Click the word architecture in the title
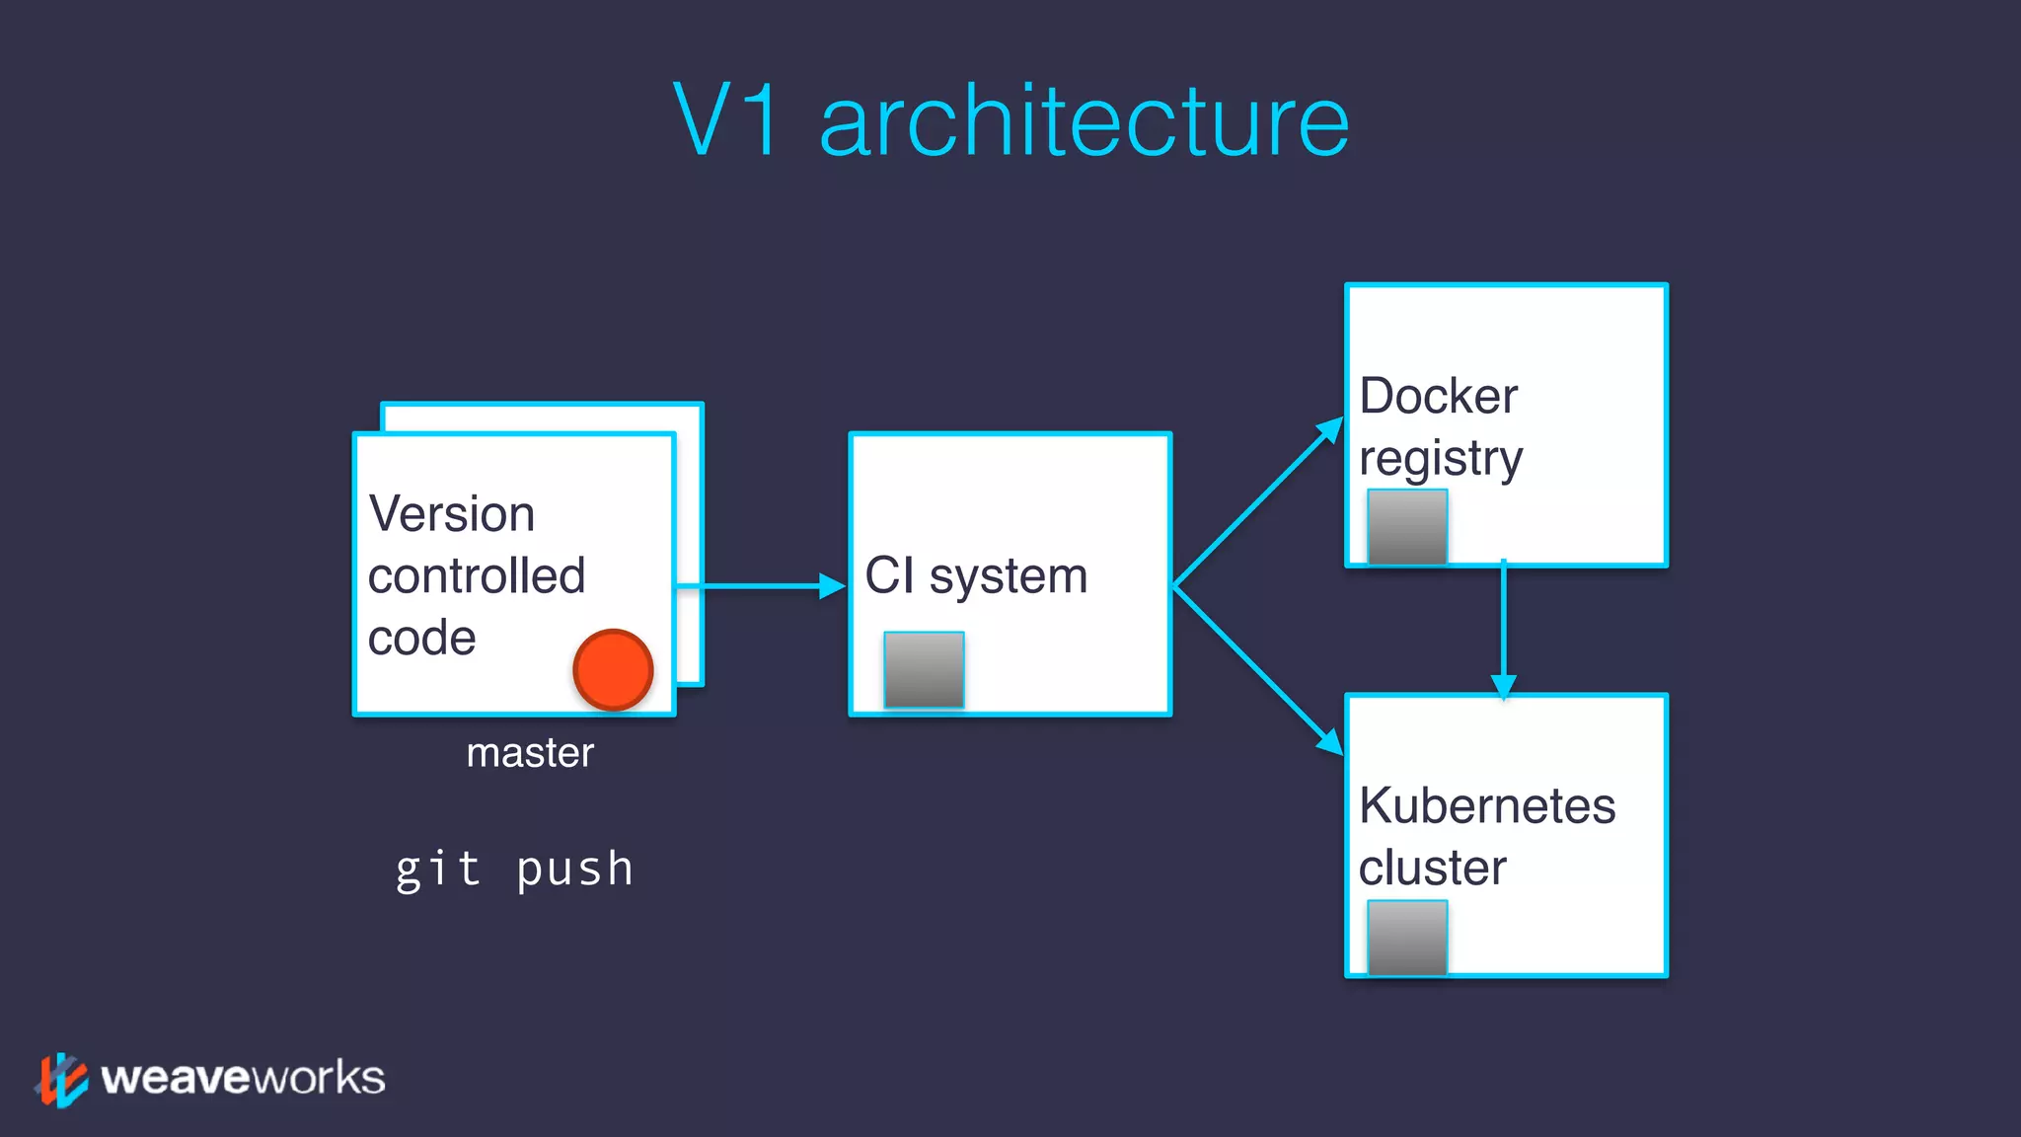[x=1084, y=122]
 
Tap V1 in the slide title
[x=728, y=120]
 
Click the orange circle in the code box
[x=613, y=670]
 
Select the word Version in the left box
[x=452, y=514]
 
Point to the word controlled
[x=477, y=576]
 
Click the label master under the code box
[x=530, y=753]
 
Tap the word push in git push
[x=574, y=871]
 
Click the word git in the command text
[x=437, y=871]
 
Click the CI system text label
[x=976, y=576]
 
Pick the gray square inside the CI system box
[x=924, y=670]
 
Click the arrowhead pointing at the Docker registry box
[x=1330, y=430]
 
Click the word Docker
[x=1438, y=397]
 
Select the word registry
[x=1441, y=459]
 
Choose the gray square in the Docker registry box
[x=1407, y=527]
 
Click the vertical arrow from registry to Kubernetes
[x=1503, y=632]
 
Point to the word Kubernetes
[x=1487, y=806]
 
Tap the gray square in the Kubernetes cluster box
[x=1407, y=938]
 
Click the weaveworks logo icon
[x=61, y=1079]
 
